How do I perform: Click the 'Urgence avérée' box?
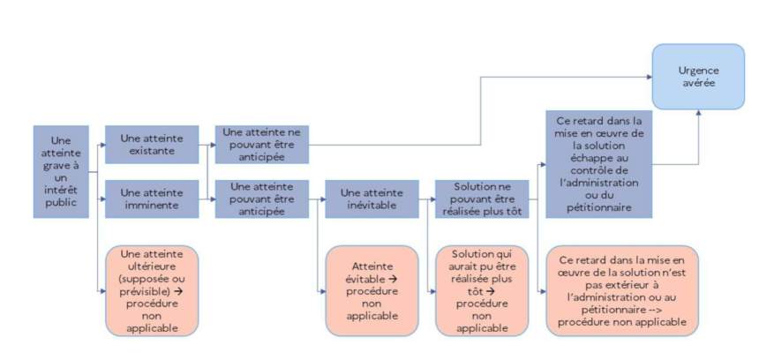[698, 77]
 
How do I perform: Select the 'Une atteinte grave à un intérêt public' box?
[61, 172]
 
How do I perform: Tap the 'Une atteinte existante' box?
[152, 144]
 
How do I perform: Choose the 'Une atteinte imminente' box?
[152, 199]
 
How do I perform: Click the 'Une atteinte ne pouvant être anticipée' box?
[262, 144]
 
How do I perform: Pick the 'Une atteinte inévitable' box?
[372, 199]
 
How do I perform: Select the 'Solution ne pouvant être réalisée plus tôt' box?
[482, 199]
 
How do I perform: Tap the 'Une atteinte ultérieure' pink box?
[152, 291]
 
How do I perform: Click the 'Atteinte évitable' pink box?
[372, 291]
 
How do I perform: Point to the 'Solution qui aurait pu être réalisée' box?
[482, 291]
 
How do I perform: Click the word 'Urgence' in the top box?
[698, 71]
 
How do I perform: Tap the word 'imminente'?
[152, 206]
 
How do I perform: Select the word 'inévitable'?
[372, 206]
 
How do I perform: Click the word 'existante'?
[152, 151]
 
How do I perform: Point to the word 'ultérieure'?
[152, 266]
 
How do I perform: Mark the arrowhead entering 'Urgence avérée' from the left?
[649, 77]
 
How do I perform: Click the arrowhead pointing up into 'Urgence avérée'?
[698, 112]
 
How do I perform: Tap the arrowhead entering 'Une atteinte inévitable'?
[322, 199]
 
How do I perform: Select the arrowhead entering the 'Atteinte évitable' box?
[322, 291]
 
